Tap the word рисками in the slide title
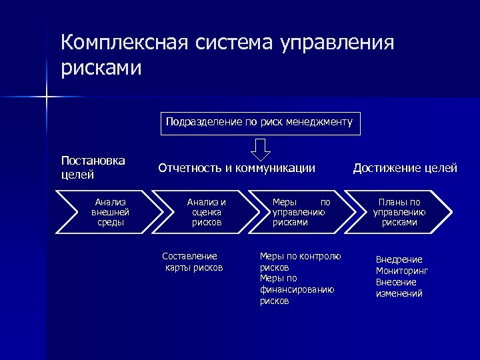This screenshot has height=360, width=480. [x=101, y=69]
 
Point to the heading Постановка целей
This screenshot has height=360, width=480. [x=93, y=167]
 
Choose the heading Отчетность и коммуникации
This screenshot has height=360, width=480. [x=237, y=168]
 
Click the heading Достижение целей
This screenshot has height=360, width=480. [x=405, y=168]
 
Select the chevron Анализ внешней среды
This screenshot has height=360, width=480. [x=110, y=212]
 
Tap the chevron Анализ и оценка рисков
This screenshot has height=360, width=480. [x=206, y=212]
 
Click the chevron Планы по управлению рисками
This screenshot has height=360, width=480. [x=399, y=212]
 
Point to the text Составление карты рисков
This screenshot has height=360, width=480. [x=193, y=262]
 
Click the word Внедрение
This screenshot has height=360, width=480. [x=399, y=259]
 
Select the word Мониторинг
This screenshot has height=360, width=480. [x=402, y=271]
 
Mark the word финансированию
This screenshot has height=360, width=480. [x=297, y=290]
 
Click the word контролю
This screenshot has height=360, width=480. [x=322, y=256]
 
